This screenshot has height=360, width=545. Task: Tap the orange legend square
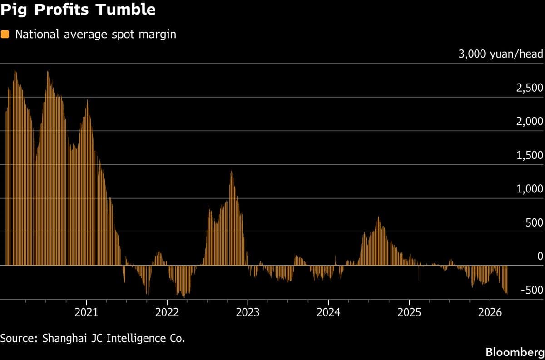tap(5, 35)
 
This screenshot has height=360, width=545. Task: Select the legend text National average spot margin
tap(95, 35)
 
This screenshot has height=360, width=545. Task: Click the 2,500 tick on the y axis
tap(530, 88)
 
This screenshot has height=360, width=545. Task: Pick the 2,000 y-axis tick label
tap(530, 122)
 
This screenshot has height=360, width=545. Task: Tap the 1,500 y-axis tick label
tap(530, 156)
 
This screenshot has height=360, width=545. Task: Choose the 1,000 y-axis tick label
tap(530, 189)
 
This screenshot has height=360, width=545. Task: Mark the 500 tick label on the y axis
tap(534, 223)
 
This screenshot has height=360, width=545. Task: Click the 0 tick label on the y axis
tap(540, 257)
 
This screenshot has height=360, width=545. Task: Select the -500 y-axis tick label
tap(532, 291)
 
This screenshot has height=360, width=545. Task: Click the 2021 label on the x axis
tap(86, 312)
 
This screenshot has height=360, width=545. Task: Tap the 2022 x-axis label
tap(167, 312)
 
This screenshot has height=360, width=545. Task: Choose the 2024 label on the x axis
tap(328, 312)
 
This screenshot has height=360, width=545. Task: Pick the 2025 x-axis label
tap(409, 312)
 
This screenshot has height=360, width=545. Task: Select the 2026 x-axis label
tap(490, 312)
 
